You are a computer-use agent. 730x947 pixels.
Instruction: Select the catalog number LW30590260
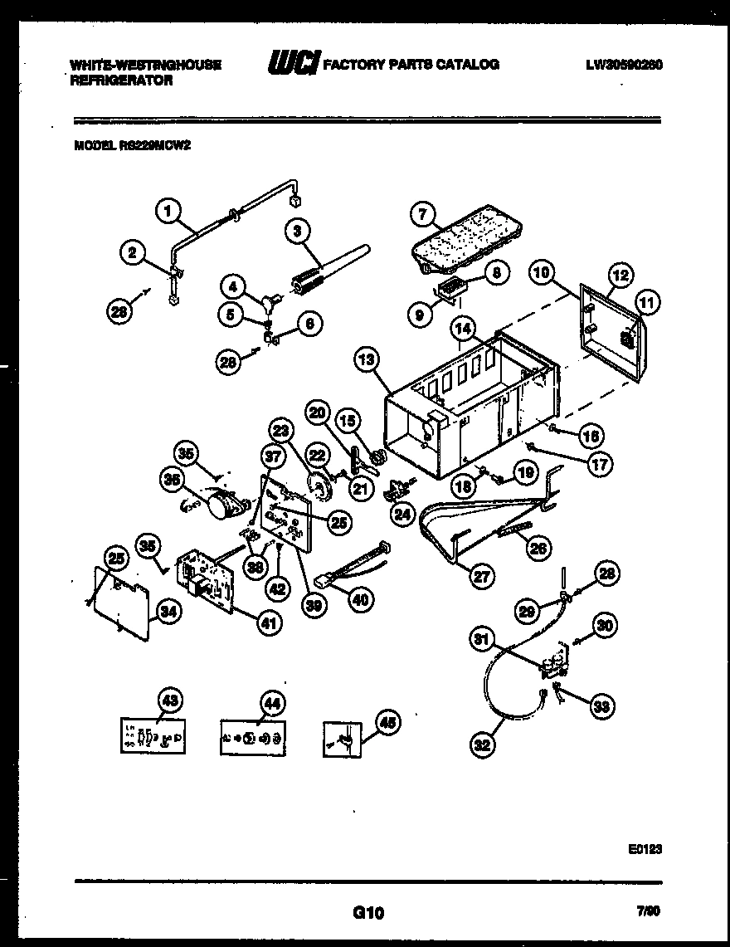tap(624, 65)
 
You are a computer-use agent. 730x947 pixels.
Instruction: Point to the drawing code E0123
tap(645, 849)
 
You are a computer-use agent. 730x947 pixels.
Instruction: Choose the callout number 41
tap(267, 623)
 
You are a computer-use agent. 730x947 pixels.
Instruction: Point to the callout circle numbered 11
tap(648, 303)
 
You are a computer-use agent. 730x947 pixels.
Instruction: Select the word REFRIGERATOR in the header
tap(121, 81)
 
